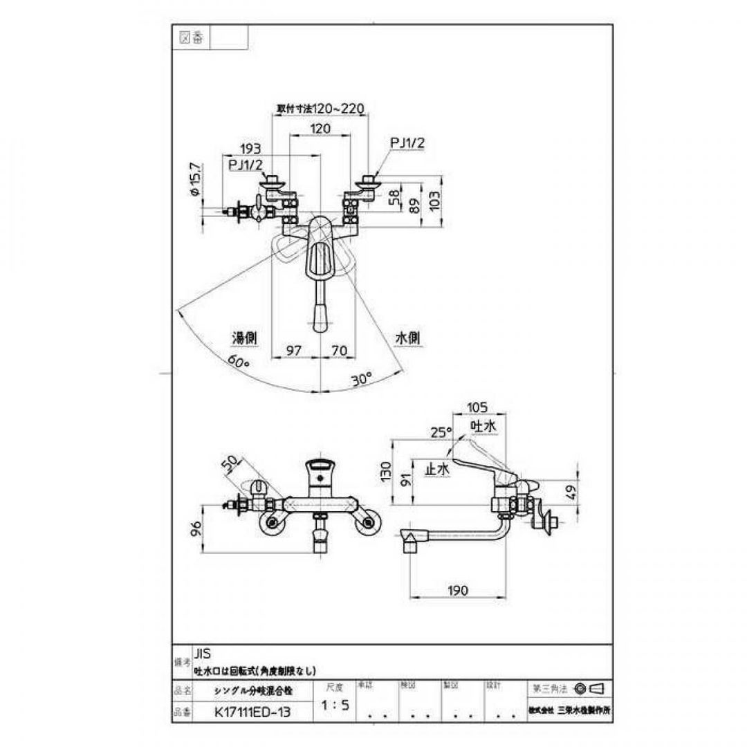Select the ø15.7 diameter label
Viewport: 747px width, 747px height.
pyautogui.click(x=196, y=181)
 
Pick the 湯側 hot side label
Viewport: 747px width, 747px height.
pyautogui.click(x=244, y=338)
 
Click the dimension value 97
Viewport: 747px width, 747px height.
pyautogui.click(x=295, y=351)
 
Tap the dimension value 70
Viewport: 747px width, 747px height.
pyautogui.click(x=338, y=351)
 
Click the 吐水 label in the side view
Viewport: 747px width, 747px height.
pyautogui.click(x=483, y=427)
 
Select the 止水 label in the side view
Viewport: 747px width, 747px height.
pyautogui.click(x=436, y=468)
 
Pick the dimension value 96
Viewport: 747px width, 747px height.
pyautogui.click(x=196, y=530)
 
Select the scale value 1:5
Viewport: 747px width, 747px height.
pyautogui.click(x=335, y=706)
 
